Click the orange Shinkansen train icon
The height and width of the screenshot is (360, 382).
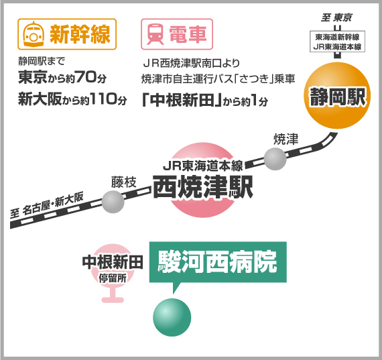34,34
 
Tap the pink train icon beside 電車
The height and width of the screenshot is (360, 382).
155,34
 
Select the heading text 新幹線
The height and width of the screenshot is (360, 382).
80,34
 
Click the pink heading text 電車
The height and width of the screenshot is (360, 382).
188,34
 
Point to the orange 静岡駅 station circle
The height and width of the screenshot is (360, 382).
337,96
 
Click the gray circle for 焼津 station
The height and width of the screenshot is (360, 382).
275,159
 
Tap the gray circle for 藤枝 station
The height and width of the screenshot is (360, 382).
113,202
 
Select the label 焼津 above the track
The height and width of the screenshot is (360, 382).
285,139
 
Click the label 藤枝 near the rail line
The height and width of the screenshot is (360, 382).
124,182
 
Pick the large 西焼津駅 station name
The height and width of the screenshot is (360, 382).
203,187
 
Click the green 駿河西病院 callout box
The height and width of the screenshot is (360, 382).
218,262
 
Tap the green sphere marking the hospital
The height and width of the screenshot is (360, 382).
172,317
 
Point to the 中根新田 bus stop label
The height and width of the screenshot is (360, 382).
113,263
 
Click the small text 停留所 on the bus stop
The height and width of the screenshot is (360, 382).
113,278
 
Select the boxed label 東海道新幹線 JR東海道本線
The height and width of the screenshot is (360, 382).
337,42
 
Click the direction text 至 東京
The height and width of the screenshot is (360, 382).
336,18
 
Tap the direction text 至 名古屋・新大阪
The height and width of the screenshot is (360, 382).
47,204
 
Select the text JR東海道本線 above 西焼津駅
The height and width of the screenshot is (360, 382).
203,166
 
